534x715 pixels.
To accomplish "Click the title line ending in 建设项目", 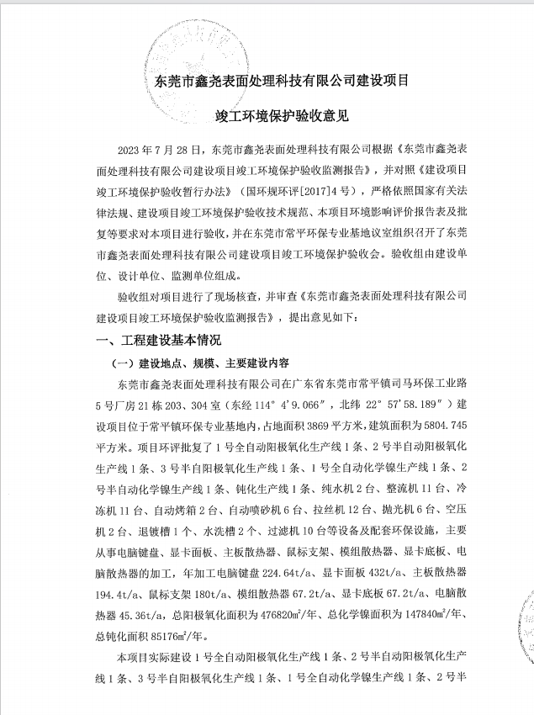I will click(278, 82).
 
